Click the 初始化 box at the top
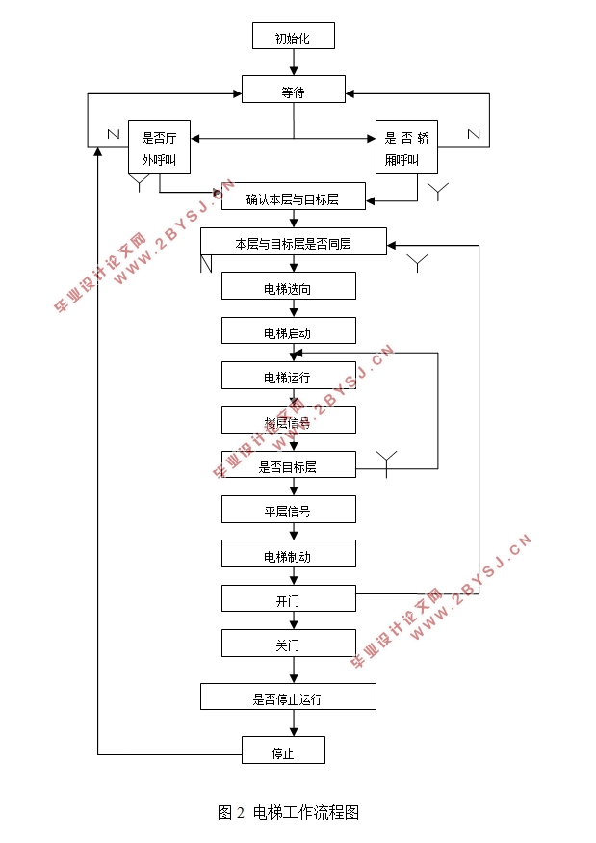tap(293, 38)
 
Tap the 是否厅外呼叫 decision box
tap(159, 147)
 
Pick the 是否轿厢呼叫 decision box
tap(405, 147)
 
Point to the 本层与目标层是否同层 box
tap(293, 242)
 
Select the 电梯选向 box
tap(288, 286)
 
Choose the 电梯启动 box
tap(288, 330)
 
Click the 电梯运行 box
tap(288, 375)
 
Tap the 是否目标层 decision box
tap(288, 465)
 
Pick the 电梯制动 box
tap(288, 554)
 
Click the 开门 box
tap(288, 598)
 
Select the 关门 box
tap(288, 644)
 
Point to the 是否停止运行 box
tap(288, 698)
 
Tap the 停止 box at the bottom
tap(282, 751)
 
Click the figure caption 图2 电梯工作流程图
tap(288, 812)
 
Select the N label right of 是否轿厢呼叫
tap(473, 134)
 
